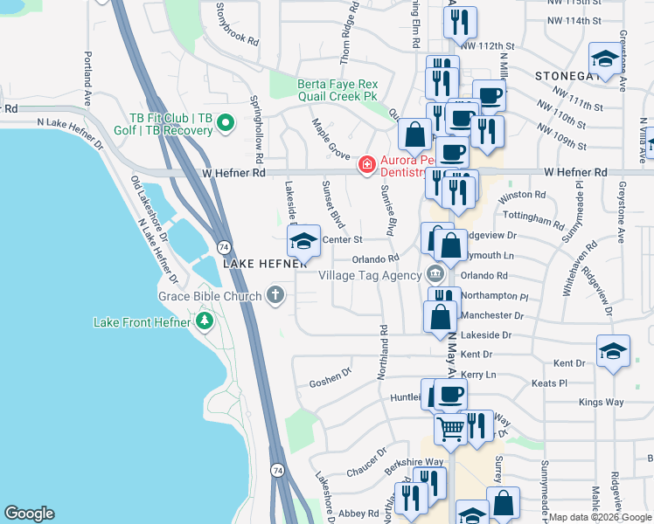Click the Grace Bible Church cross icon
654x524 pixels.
(275, 295)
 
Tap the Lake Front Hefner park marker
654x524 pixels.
(205, 322)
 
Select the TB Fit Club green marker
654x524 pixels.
(226, 123)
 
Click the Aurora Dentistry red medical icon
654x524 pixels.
(366, 163)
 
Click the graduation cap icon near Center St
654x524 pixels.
(303, 240)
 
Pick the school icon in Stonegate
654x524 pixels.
(604, 59)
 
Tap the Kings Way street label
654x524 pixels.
(601, 402)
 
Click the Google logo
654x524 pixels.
(30, 514)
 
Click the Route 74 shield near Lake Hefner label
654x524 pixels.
(224, 249)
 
